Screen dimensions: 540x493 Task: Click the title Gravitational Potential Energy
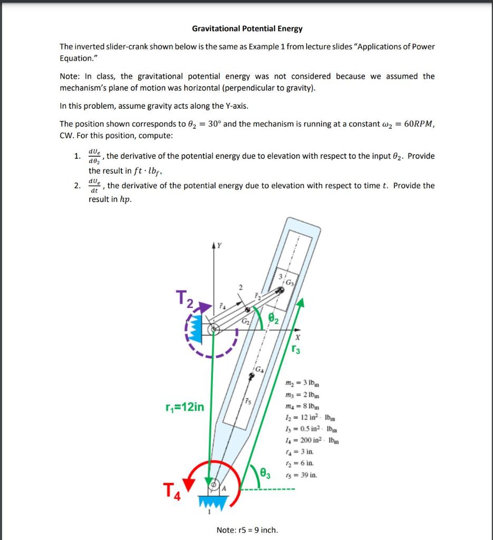tap(247, 28)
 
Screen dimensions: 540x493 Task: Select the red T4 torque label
tap(173, 494)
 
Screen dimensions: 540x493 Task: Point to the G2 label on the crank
tap(245, 321)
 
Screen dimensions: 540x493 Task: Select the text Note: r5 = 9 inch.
tap(247, 529)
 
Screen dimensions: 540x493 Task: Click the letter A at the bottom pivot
tap(223, 488)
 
